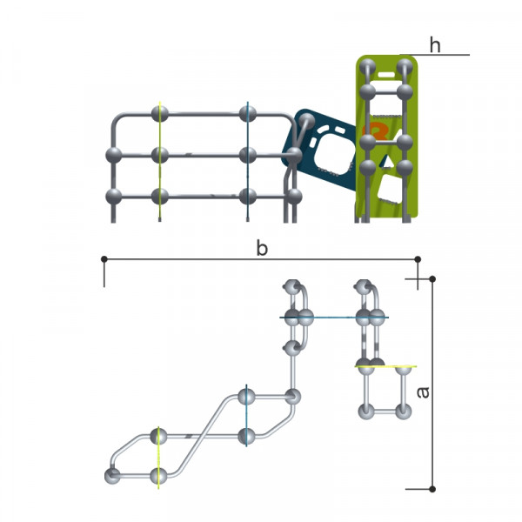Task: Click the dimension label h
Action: coord(435,45)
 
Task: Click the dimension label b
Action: coord(262,248)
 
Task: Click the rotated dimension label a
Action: coord(423,392)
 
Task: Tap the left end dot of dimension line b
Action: coord(104,258)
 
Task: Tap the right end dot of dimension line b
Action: coord(418,259)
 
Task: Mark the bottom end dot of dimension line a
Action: coord(432,489)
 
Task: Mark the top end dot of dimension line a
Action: coord(432,278)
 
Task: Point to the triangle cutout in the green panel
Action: coord(387,162)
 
